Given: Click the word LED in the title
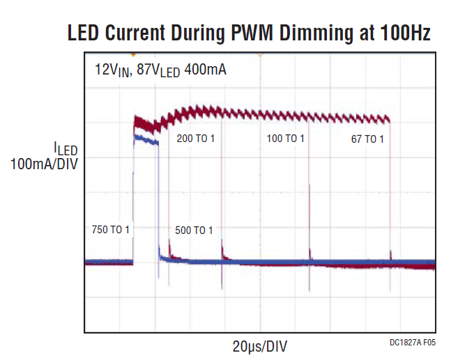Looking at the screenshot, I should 86,32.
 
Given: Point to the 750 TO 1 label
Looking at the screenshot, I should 111,229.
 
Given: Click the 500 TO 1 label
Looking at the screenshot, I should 193,230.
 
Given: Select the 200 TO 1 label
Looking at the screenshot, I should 196,139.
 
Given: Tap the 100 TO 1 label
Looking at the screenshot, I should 285,139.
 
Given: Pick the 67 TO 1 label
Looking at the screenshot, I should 367,139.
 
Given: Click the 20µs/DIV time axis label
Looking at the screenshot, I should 260,345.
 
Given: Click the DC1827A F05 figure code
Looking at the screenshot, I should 413,343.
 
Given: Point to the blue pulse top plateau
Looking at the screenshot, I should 146,140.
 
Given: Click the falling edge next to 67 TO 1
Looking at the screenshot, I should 390,188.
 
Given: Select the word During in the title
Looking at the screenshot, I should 215,32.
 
